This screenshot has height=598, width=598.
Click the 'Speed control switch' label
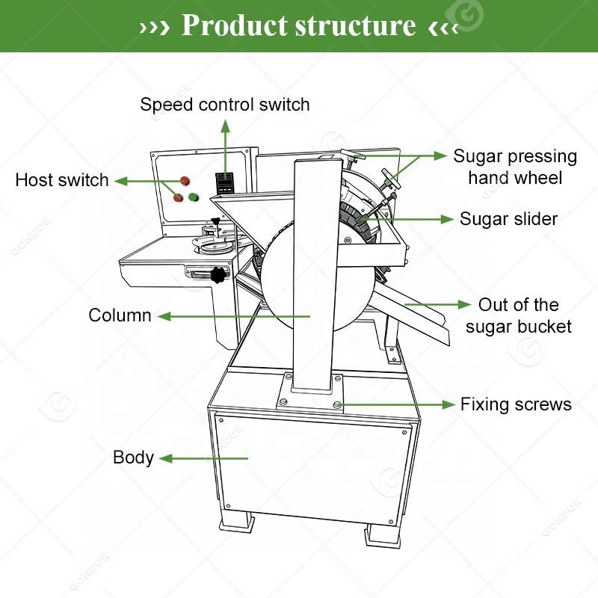point(224,104)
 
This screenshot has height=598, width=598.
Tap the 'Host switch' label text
point(62,180)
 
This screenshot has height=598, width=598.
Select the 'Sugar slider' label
point(508,218)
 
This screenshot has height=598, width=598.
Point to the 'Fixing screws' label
point(516,404)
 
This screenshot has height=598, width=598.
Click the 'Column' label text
point(120,315)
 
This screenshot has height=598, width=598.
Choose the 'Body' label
point(133,457)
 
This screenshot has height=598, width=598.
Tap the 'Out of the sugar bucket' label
point(518,315)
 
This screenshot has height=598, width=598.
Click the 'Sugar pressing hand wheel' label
point(515,167)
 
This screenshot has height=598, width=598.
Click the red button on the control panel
point(183,180)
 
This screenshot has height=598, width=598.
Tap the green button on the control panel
point(194,197)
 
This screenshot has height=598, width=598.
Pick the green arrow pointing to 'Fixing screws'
point(396,404)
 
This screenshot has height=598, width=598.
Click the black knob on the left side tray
point(218,275)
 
